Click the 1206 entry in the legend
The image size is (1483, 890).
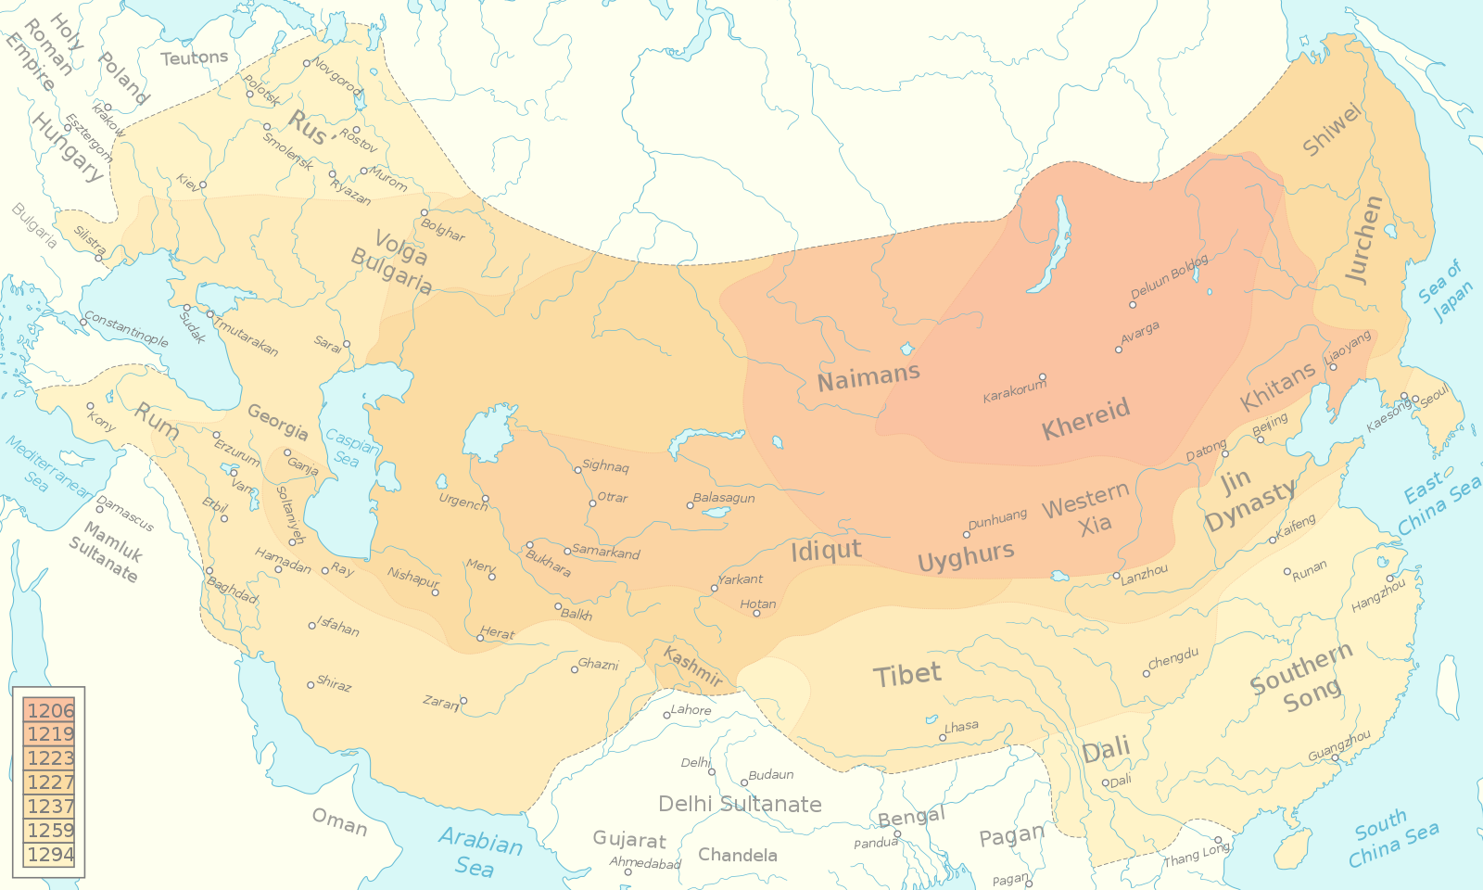(50, 711)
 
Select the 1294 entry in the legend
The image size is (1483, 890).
(50, 855)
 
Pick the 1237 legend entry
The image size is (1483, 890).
(50, 807)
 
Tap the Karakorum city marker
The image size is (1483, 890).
(1043, 377)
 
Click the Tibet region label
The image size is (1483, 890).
(906, 675)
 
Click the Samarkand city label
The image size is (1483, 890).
(606, 552)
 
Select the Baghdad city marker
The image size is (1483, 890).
(209, 571)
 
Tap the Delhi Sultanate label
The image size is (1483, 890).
(740, 804)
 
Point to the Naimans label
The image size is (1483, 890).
(868, 376)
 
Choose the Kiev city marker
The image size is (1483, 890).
(203, 184)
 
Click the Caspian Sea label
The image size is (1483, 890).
(350, 450)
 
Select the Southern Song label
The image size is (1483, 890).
(1302, 679)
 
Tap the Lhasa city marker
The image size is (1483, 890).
(943, 738)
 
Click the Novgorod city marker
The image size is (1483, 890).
(307, 64)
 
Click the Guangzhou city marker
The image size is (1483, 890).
(1336, 758)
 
